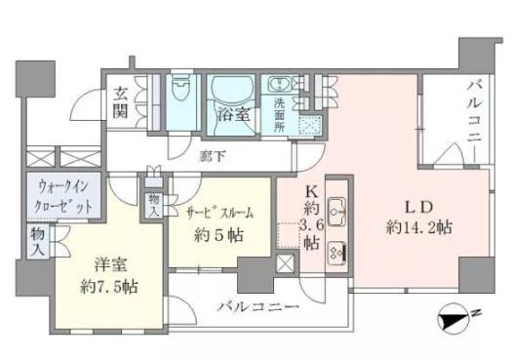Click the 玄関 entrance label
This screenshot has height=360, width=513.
(122, 101)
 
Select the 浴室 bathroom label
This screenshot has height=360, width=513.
(231, 114)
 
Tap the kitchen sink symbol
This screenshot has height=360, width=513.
(336, 208)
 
